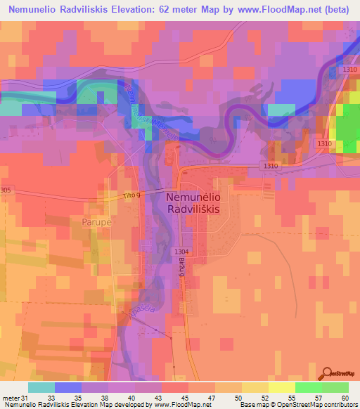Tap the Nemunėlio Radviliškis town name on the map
(x=193, y=204)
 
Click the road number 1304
(x=182, y=252)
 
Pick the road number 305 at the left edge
(x=6, y=190)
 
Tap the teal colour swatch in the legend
(x=41, y=387)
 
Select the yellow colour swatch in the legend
(x=282, y=387)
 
